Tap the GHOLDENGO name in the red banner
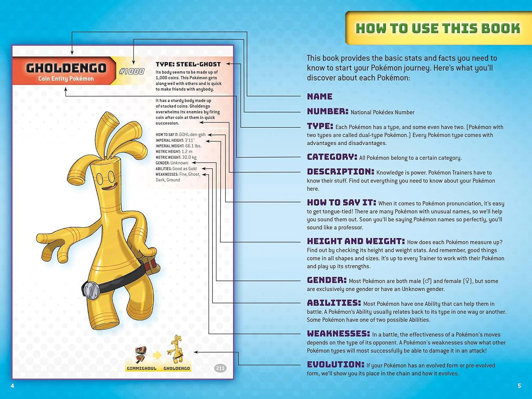tap(66, 68)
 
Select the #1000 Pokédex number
tap(132, 71)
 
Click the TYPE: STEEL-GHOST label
tap(188, 64)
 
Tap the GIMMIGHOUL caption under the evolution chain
tap(142, 368)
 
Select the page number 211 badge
tap(220, 368)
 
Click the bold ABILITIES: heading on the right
tap(334, 303)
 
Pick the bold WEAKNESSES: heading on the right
tap(338, 334)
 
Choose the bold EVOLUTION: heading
tap(336, 365)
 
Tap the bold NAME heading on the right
tap(320, 96)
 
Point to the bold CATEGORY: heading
tap(332, 157)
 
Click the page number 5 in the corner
tap(519, 386)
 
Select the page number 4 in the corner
tap(12, 386)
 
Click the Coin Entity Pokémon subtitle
tap(66, 79)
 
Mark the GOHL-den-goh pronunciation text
tap(192, 135)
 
